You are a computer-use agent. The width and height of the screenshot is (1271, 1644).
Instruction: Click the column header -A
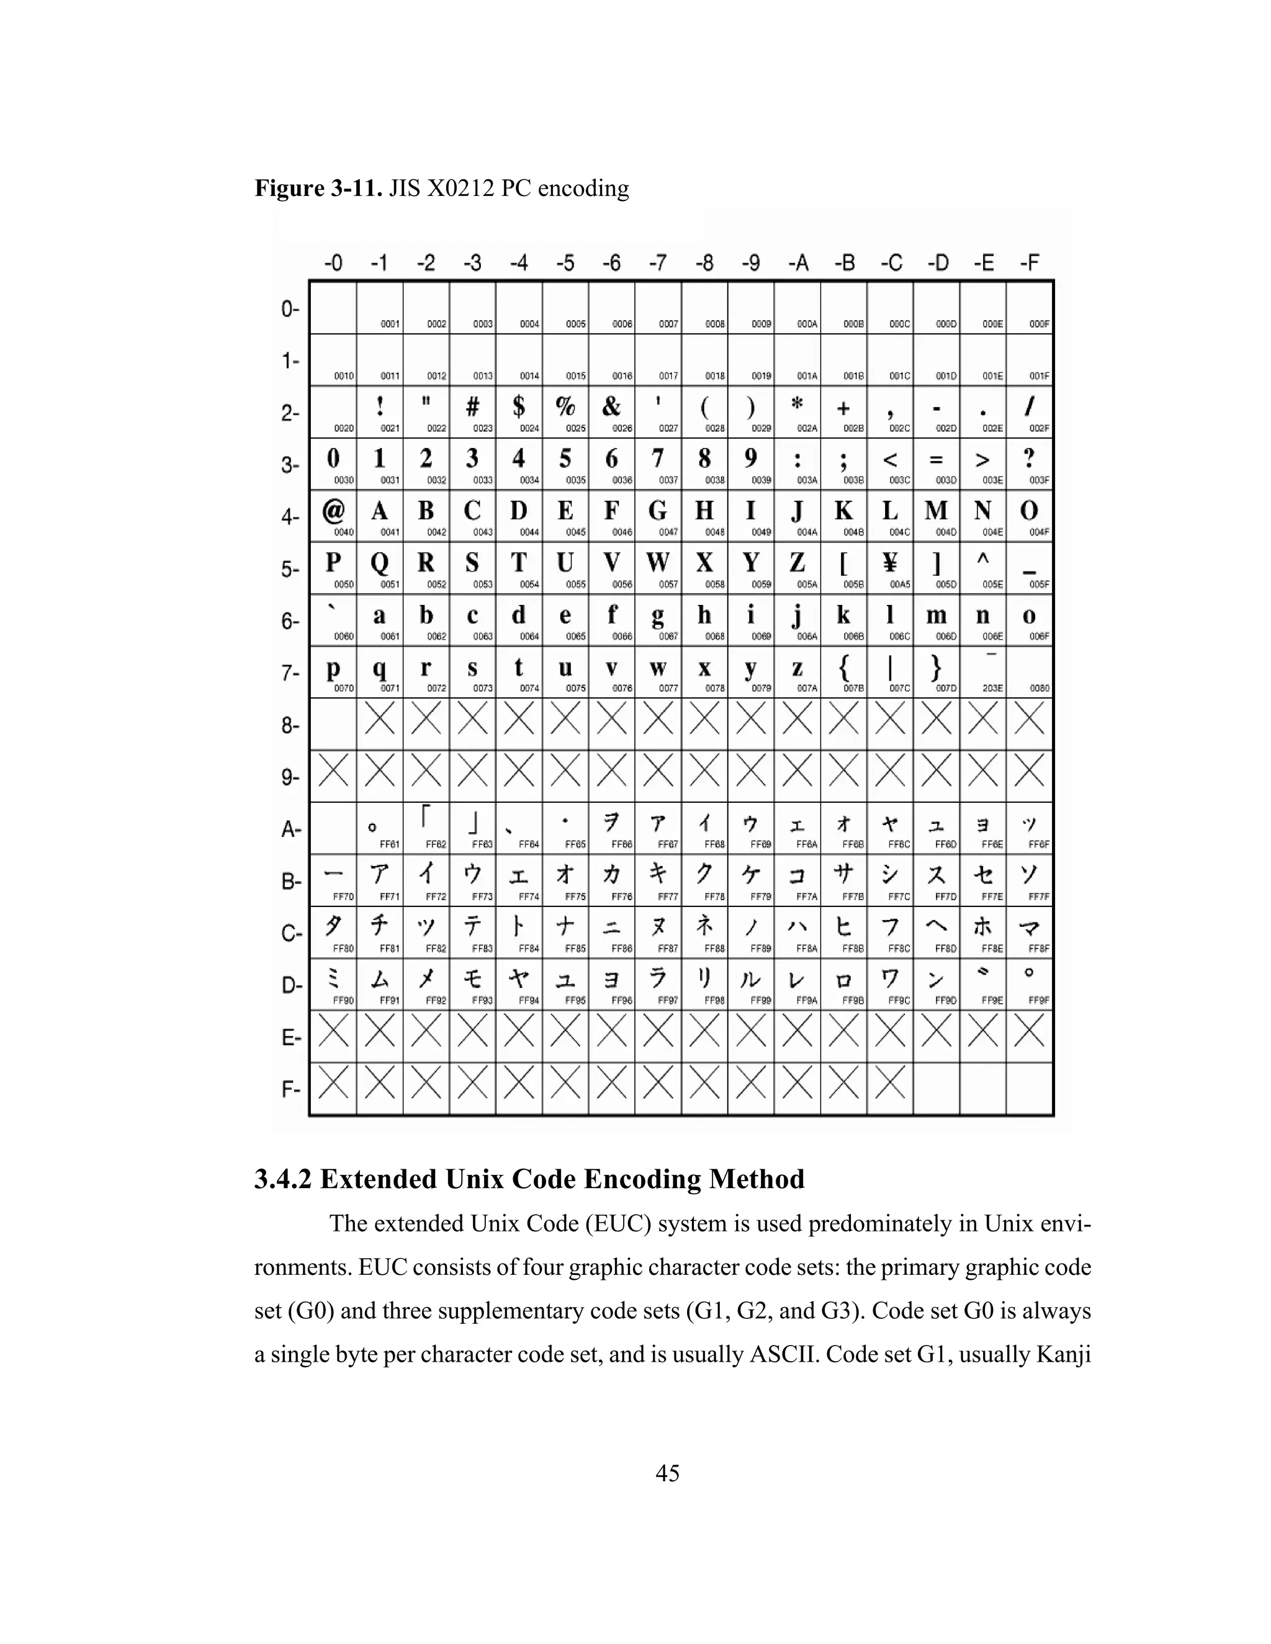pyautogui.click(x=797, y=262)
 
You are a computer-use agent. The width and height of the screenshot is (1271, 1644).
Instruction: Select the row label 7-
pyautogui.click(x=290, y=673)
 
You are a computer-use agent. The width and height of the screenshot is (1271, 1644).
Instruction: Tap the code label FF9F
pyautogui.click(x=1039, y=1001)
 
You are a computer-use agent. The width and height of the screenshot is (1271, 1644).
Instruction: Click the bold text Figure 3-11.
pyautogui.click(x=318, y=188)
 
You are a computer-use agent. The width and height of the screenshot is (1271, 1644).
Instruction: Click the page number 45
pyautogui.click(x=667, y=1473)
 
